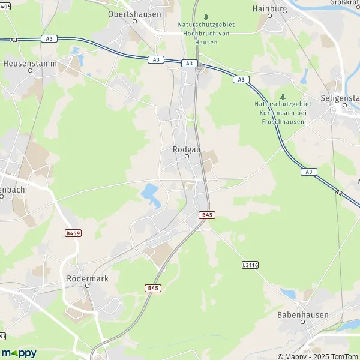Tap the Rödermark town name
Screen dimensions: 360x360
86,278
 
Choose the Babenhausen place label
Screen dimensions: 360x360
300,314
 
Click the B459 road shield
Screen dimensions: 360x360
73,233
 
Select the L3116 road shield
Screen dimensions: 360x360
250,265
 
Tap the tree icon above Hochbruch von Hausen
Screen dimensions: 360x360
206,17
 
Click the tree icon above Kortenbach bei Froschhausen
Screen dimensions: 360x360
283,97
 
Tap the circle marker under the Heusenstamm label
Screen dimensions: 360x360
30,70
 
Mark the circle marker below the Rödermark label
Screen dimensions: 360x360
88,286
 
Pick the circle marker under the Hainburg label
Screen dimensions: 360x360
269,16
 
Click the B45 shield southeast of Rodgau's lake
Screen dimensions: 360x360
207,215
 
